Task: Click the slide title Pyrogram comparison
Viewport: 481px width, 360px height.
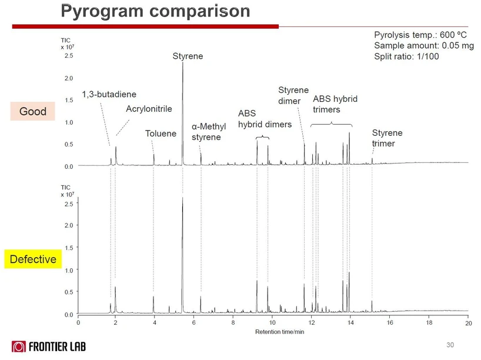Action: [155, 11]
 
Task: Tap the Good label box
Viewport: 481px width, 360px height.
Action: [33, 111]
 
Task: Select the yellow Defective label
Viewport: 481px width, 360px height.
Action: [33, 259]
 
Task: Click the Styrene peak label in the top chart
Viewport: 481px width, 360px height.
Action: [188, 56]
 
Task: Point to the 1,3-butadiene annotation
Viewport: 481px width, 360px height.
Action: [109, 94]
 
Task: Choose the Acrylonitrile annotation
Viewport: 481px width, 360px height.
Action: [149, 109]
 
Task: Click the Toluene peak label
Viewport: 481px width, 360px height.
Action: [161, 134]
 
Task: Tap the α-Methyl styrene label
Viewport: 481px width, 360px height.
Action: [209, 132]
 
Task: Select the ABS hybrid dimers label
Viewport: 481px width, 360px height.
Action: [265, 119]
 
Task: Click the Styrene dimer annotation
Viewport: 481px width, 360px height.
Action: [293, 95]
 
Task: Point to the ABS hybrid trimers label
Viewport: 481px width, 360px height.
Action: [335, 104]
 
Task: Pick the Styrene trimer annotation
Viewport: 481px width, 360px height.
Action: [387, 138]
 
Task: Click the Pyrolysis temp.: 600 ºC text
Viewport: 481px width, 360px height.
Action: [420, 35]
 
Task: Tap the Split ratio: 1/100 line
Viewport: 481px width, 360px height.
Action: [406, 56]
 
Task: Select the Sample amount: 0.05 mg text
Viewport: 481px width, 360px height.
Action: [420, 46]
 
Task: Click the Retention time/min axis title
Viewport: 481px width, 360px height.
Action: [279, 332]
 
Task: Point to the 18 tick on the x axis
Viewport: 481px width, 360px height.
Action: [429, 323]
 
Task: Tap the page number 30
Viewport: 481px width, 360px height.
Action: [450, 345]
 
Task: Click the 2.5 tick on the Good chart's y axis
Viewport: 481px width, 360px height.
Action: [69, 56]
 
